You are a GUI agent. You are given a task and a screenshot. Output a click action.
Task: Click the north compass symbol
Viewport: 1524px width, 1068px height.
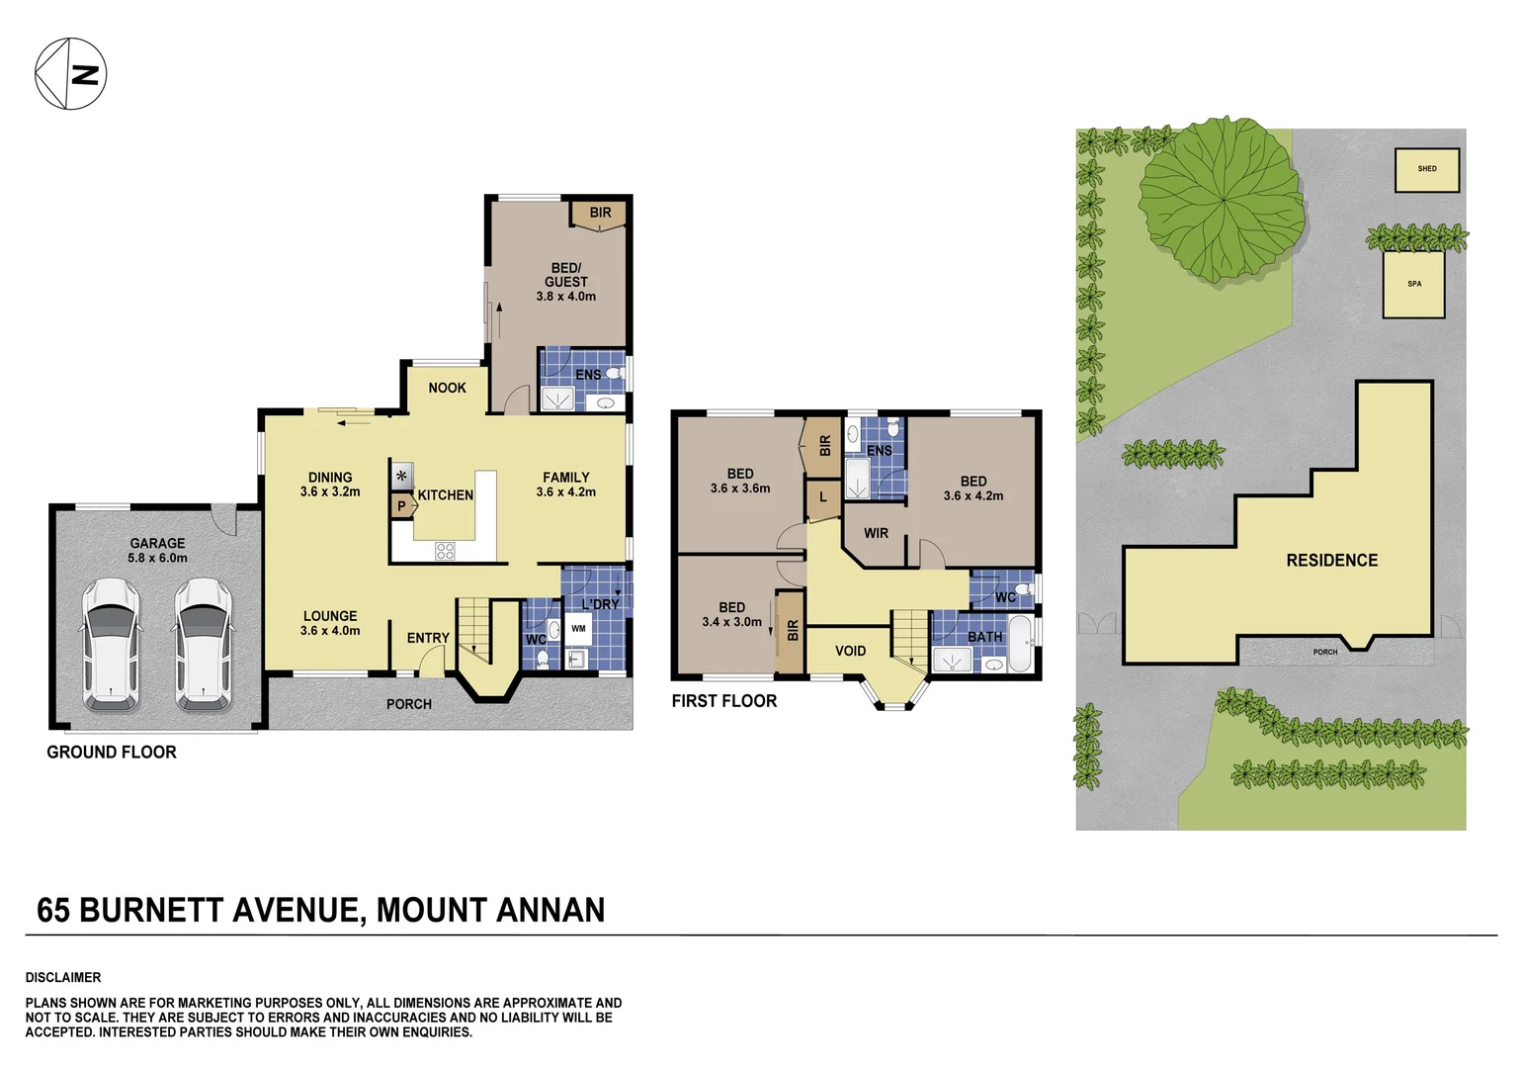click(x=70, y=74)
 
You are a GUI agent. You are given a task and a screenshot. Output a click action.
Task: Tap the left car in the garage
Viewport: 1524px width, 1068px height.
click(x=111, y=645)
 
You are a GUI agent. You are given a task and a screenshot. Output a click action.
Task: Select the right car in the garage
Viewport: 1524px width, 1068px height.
click(x=204, y=645)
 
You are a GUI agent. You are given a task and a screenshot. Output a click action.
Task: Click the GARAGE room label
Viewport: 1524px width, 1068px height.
click(x=157, y=550)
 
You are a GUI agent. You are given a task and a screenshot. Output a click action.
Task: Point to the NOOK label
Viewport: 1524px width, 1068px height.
click(x=447, y=388)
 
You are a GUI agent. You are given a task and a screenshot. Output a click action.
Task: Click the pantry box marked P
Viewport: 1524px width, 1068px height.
click(x=401, y=505)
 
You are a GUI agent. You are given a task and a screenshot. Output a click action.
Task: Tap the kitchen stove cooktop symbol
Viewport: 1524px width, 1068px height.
click(x=445, y=551)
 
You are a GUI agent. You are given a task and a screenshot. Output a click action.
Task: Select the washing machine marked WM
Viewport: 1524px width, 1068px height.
click(x=578, y=629)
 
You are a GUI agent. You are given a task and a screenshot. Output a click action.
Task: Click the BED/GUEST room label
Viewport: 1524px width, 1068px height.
click(x=565, y=281)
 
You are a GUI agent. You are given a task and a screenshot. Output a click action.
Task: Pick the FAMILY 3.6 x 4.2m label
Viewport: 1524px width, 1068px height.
click(x=565, y=484)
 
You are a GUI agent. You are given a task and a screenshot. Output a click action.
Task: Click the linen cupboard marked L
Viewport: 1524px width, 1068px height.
click(x=822, y=498)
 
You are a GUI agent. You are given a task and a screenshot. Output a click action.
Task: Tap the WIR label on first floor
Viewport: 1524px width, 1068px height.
click(x=876, y=533)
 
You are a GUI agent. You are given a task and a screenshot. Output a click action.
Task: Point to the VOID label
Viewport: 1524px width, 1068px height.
click(x=850, y=651)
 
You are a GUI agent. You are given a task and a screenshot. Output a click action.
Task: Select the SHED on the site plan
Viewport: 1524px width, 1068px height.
click(x=1427, y=169)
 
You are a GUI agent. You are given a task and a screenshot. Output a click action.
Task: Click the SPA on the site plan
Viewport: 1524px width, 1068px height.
click(x=1414, y=284)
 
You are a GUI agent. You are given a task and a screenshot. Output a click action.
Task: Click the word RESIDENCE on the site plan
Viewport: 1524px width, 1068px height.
click(x=1331, y=561)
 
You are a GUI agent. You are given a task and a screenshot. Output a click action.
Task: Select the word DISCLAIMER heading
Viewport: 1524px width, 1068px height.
click(x=63, y=977)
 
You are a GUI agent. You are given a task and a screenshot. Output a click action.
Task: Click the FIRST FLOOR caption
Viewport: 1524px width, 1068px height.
click(x=723, y=701)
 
